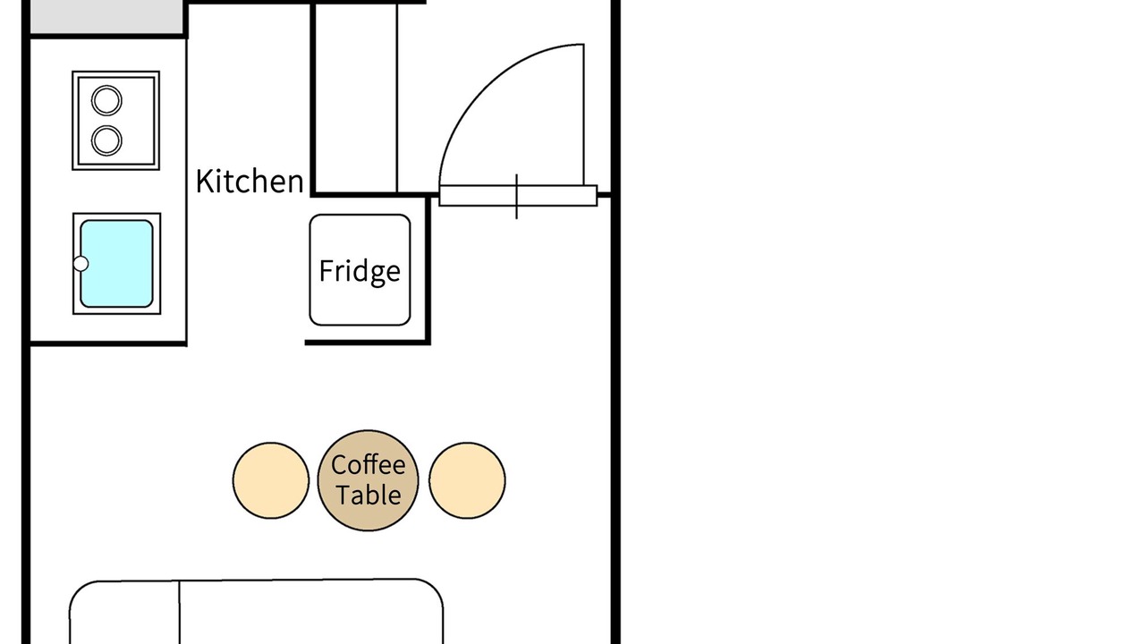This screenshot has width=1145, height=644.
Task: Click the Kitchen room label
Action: click(250, 181)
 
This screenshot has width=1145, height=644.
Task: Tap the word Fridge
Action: click(360, 270)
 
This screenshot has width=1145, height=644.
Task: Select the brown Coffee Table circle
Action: click(368, 480)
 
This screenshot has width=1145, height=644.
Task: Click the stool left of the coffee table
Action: click(271, 480)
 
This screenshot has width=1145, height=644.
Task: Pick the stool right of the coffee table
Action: click(467, 480)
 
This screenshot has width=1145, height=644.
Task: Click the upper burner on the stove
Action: click(106, 100)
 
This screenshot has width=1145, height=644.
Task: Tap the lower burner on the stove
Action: click(106, 140)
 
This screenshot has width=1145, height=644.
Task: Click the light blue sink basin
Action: click(116, 264)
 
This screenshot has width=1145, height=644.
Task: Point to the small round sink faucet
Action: click(81, 264)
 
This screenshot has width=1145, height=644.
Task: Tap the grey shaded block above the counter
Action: click(106, 17)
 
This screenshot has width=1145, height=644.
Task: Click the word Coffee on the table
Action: click(368, 465)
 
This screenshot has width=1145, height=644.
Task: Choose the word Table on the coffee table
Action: click(368, 495)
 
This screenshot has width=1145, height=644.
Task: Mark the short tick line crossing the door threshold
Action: click(517, 196)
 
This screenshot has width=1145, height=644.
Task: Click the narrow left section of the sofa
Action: click(124, 613)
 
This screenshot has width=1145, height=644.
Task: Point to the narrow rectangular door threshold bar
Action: click(518, 196)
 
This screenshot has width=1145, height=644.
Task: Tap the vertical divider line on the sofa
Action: click(180, 613)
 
